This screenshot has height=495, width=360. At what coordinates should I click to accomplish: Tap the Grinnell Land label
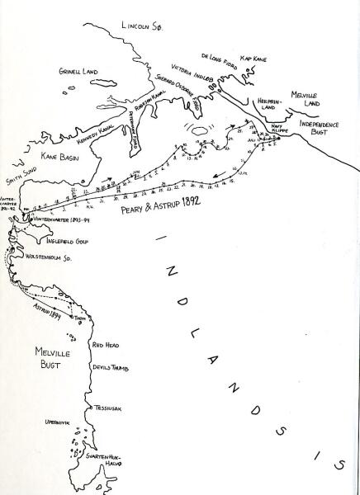78,73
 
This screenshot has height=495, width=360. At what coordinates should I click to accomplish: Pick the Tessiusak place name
110,407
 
